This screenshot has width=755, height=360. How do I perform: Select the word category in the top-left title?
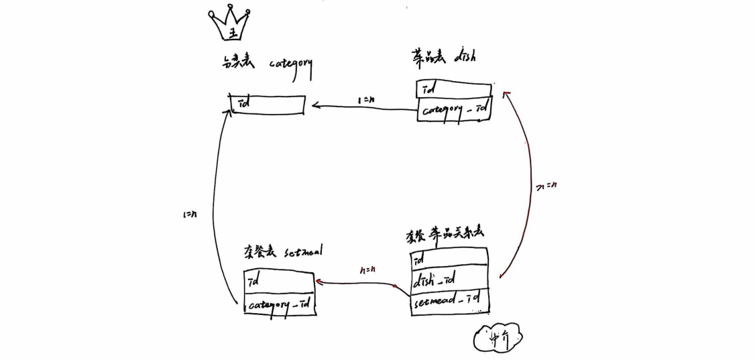coord(290,65)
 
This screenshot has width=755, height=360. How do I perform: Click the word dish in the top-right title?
coord(464,57)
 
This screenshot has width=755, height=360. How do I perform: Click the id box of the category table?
coord(268,105)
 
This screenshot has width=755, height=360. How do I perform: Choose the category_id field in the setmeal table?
coord(280,305)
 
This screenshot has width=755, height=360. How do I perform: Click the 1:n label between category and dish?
coord(365,101)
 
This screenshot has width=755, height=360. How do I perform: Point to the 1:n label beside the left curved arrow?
coord(189,216)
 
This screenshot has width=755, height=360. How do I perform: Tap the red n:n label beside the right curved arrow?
coord(548,184)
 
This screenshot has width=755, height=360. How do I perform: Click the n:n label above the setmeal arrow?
coord(366,270)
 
